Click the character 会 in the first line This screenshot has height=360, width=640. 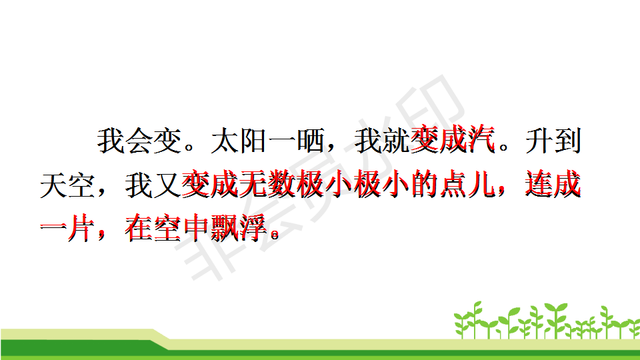tap(139, 141)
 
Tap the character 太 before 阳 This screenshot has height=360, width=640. tap(225, 141)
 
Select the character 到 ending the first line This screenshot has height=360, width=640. tap(567, 141)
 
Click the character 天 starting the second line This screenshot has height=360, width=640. tap(54, 186)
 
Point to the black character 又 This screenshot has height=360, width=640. tap(167, 186)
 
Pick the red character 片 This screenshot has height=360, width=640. tap(81, 228)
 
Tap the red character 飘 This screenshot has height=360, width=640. tap(225, 228)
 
